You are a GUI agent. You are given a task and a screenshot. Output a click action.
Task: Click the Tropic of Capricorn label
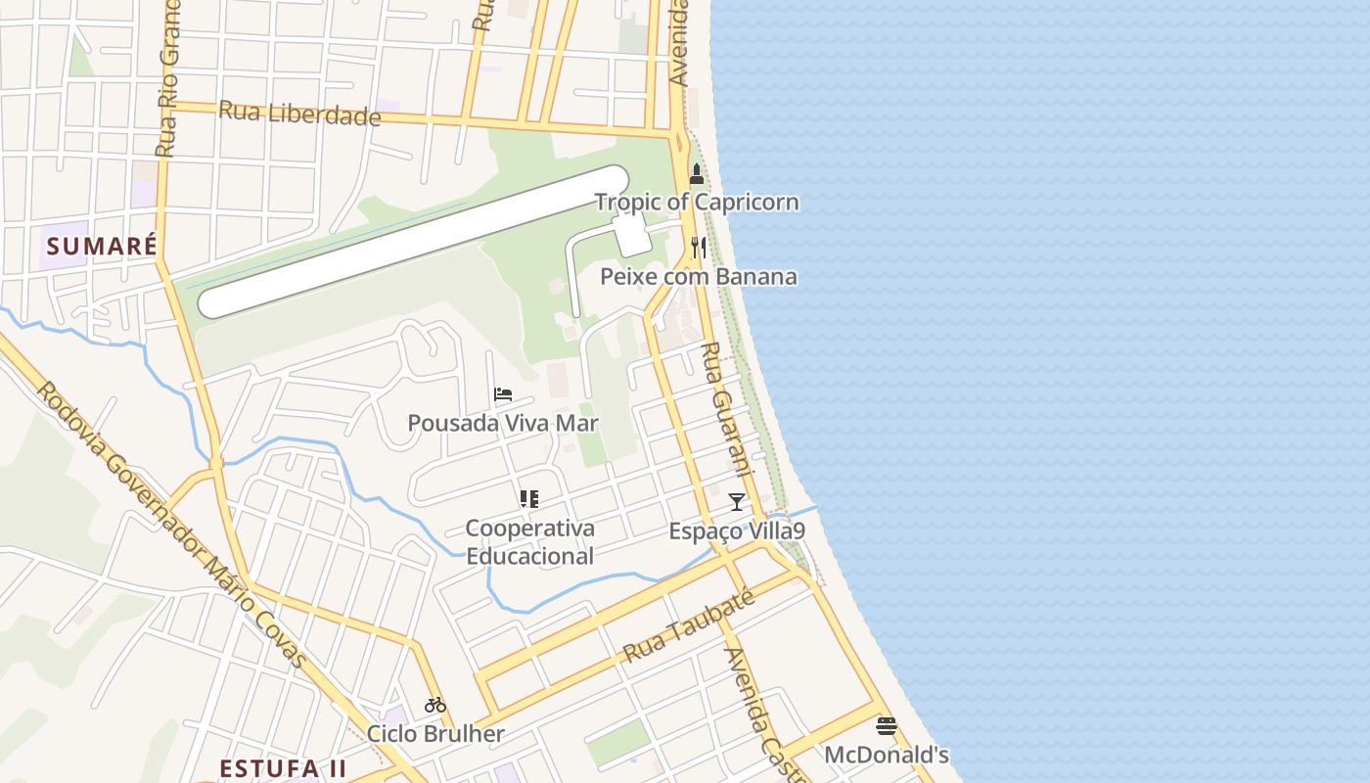pos(697,203)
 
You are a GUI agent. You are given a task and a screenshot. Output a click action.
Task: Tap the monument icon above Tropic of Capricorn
pos(697,175)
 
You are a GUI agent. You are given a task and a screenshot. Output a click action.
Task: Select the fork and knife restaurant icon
pos(698,248)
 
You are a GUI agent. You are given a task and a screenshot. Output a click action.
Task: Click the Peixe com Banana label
pos(698,277)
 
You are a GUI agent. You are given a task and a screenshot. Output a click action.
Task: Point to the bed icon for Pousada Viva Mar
pos(503,394)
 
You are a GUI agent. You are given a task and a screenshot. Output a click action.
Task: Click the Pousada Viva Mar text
pos(503,424)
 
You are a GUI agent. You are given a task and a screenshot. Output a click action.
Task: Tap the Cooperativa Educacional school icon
pos(529,499)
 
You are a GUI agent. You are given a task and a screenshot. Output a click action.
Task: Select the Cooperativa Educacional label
pos(529,542)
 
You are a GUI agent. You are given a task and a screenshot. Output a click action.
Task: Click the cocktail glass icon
pos(737,502)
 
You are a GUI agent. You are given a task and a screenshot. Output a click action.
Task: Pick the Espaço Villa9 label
pos(737,531)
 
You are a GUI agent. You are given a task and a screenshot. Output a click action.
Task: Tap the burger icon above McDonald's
pos(887,726)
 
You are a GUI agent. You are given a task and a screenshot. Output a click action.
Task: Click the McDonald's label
pos(887,756)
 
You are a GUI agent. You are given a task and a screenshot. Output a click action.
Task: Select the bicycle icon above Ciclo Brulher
pos(435,705)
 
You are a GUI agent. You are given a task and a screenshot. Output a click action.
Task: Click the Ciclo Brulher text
pos(435,734)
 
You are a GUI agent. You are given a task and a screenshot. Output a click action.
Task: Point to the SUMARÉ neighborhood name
pos(102,246)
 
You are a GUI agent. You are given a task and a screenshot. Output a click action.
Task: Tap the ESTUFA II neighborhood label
pos(283,768)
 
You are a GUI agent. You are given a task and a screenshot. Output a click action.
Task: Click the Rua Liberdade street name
pos(299,114)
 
